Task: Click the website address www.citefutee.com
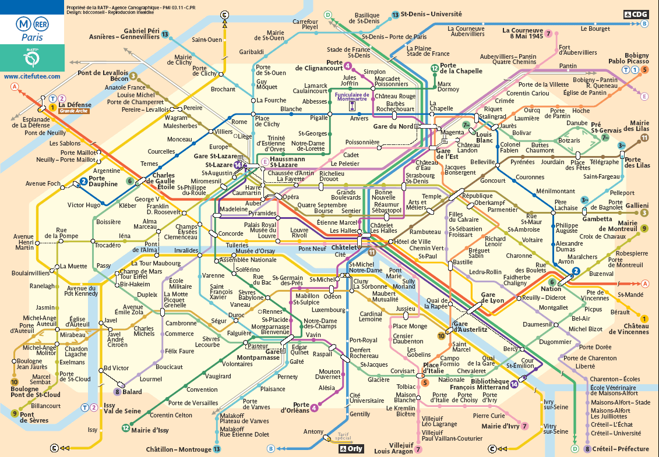(32, 76)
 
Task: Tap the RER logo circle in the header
(41, 24)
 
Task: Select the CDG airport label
(635, 14)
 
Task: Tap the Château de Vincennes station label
(629, 328)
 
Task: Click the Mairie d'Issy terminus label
(153, 430)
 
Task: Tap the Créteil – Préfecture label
(621, 449)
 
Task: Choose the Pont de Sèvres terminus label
(35, 417)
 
